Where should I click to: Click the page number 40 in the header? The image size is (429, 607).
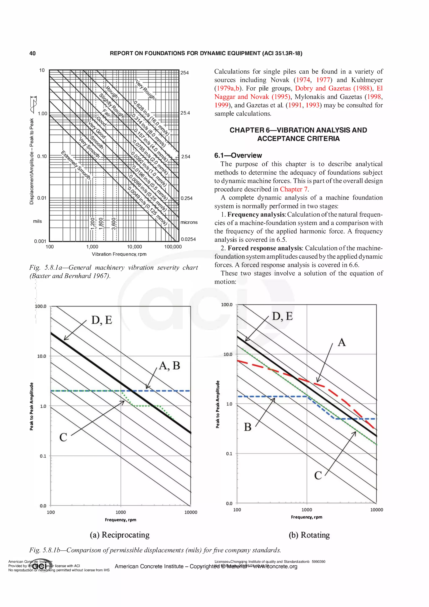point(32,53)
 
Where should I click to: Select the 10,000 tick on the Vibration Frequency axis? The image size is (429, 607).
point(134,247)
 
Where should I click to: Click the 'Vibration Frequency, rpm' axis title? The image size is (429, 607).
point(119,254)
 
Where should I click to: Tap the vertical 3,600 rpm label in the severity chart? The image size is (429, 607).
point(113,224)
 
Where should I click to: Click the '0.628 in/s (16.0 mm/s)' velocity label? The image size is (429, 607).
point(151,118)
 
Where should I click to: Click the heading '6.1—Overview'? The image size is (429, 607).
point(238,155)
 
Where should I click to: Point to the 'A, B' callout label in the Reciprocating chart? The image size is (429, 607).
point(169,366)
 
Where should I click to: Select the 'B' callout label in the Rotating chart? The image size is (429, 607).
point(247,427)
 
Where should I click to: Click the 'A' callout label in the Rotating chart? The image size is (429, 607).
point(341,342)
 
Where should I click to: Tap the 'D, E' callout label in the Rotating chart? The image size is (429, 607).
point(282,316)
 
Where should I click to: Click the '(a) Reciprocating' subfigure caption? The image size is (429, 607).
point(119,535)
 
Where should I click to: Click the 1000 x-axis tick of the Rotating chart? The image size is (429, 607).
point(307,510)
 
